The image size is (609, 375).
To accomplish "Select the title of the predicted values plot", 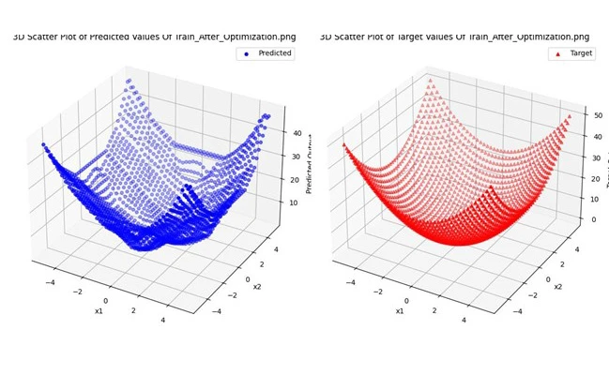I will coord(154,37).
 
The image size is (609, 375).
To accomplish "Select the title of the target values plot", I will coord(455,37).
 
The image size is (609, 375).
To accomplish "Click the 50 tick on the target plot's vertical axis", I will coord(597,114).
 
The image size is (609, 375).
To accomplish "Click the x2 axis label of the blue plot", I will coord(256,286).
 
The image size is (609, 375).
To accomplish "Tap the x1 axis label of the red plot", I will coord(400,310).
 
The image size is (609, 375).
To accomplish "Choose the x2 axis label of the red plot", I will coord(557,286).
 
